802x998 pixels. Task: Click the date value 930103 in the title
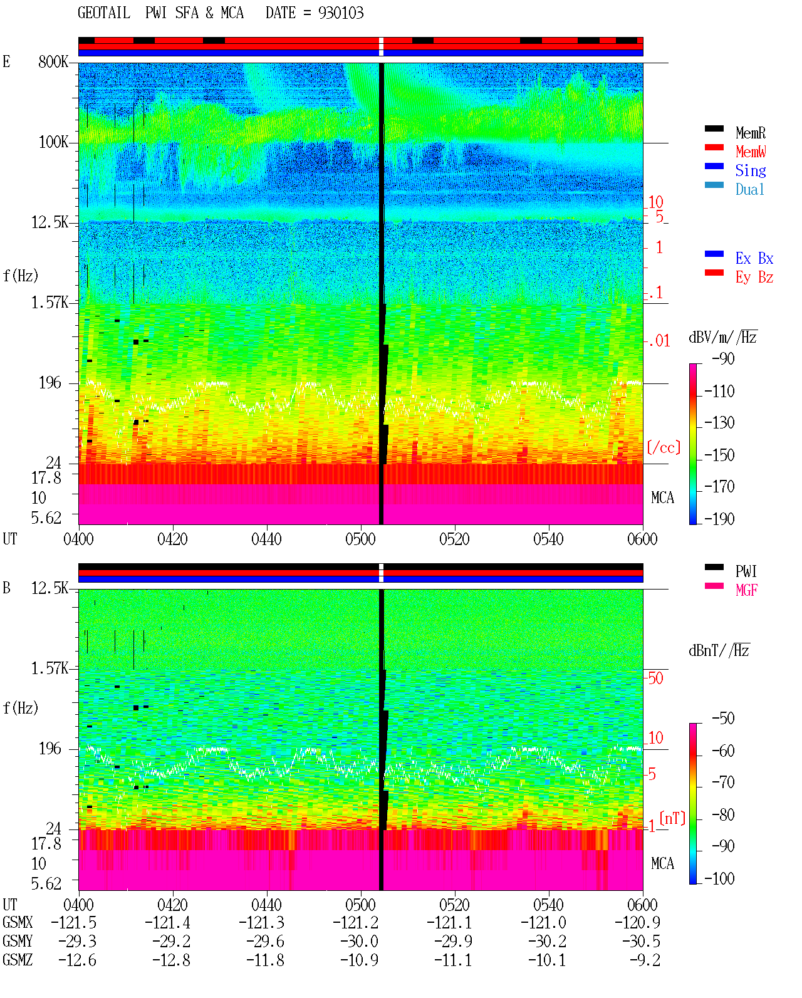(340, 13)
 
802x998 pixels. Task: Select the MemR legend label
(750, 133)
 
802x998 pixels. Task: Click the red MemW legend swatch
(714, 147)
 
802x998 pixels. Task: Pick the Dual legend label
(749, 189)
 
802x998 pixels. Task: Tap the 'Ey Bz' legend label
(754, 277)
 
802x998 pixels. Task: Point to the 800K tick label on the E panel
(53, 61)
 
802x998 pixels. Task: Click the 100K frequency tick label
(53, 142)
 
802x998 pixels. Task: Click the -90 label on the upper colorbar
(723, 358)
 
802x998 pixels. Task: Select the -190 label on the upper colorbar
(719, 519)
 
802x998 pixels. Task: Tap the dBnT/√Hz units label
(719, 650)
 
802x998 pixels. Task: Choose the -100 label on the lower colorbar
(719, 878)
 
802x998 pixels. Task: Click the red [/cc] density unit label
(664, 447)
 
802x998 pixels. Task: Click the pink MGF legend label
(746, 590)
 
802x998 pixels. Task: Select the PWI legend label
(746, 571)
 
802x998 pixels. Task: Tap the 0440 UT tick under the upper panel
(266, 539)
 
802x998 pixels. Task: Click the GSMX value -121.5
(73, 923)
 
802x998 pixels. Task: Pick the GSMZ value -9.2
(645, 960)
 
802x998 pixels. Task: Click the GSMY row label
(18, 942)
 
